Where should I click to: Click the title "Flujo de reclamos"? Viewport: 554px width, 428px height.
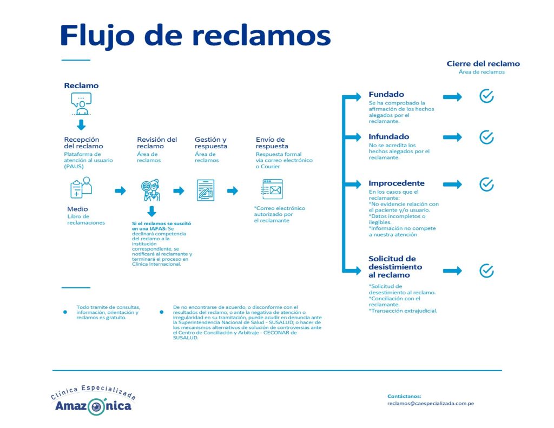click(x=195, y=36)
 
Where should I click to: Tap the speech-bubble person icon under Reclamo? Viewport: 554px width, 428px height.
click(x=82, y=103)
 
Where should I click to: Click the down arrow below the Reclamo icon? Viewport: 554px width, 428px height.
click(x=82, y=125)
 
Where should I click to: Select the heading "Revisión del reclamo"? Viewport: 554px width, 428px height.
click(x=157, y=143)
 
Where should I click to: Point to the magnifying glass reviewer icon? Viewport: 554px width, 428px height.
click(x=150, y=190)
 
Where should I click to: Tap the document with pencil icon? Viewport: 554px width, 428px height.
click(x=206, y=190)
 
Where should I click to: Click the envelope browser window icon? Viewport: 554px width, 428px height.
click(x=272, y=190)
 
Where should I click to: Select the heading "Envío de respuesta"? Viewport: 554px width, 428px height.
click(x=272, y=143)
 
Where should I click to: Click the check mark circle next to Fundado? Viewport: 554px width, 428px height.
click(x=486, y=96)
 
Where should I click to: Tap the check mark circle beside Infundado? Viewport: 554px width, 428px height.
click(x=486, y=137)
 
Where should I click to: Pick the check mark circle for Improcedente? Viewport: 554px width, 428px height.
click(x=486, y=184)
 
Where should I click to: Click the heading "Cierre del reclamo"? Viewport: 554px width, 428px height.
click(x=483, y=64)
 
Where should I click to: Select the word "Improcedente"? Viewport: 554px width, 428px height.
click(x=397, y=183)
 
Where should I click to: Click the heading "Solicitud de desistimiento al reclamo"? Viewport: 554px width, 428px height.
click(x=395, y=267)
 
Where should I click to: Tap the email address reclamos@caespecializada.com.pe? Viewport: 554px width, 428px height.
click(x=431, y=404)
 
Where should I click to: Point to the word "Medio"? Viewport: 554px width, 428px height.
click(x=77, y=209)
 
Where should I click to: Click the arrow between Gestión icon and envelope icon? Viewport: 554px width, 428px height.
click(x=233, y=191)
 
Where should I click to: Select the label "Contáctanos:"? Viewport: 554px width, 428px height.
click(x=404, y=396)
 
